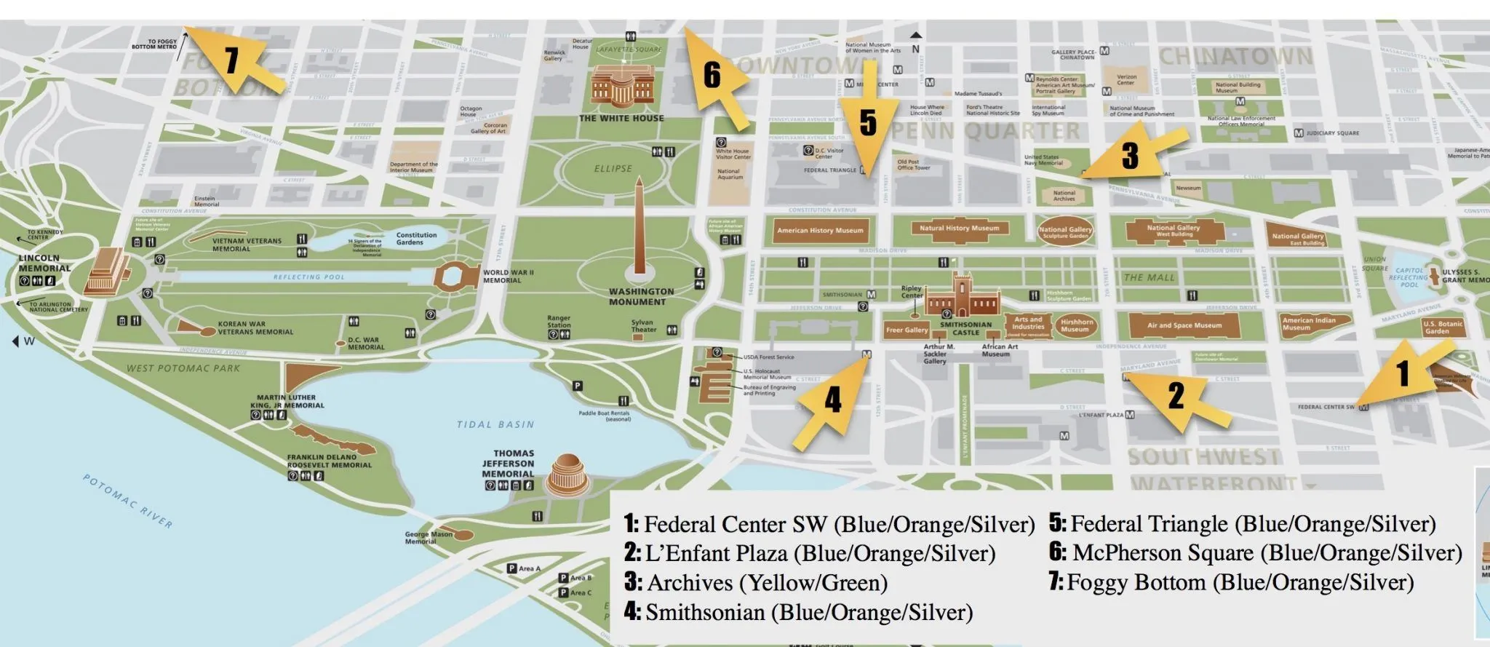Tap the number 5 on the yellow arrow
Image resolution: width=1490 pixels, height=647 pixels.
coord(868,122)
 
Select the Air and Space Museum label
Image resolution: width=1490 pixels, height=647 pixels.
coord(1184,325)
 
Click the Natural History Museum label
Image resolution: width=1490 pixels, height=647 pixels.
coord(959,229)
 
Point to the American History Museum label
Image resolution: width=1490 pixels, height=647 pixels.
coord(820,231)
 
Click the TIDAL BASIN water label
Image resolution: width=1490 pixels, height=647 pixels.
coord(495,424)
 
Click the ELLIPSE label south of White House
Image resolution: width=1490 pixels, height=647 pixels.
coord(613,169)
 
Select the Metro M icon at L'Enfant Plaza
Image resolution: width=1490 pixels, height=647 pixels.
coord(1130,415)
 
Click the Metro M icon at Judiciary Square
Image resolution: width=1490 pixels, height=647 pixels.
coord(1299,133)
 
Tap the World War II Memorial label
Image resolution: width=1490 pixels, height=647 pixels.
coord(508,277)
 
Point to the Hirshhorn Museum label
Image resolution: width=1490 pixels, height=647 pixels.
coord(1076,325)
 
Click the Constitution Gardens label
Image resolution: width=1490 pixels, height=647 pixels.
coord(416,239)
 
